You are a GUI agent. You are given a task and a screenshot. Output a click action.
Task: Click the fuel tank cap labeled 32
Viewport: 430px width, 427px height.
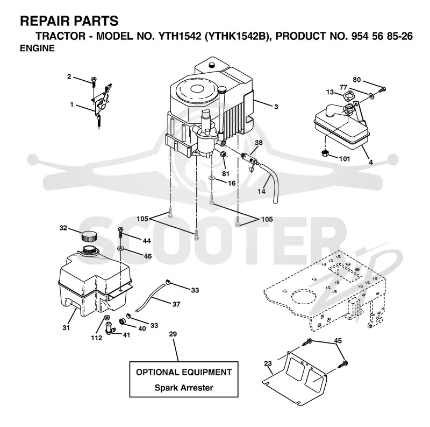pos(89,236)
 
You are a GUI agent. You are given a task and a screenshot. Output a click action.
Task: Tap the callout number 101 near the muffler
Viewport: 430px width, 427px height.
pos(345,159)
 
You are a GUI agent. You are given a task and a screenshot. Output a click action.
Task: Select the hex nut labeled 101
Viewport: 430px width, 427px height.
pos(325,153)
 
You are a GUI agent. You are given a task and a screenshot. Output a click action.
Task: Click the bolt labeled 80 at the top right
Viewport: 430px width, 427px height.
pos(382,89)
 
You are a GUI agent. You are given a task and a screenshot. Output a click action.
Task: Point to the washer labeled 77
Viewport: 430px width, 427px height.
pos(371,96)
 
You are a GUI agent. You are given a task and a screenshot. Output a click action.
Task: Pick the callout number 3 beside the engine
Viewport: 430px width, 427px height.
pos(276,107)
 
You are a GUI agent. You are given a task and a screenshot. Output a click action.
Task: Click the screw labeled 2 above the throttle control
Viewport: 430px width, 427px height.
pos(94,81)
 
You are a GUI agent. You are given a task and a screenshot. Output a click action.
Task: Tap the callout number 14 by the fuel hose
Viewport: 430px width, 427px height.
pos(261,191)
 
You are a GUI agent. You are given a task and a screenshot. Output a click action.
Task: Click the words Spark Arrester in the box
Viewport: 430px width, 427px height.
pos(184,388)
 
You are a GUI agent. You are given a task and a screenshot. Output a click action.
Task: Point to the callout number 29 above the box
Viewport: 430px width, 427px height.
pos(173,334)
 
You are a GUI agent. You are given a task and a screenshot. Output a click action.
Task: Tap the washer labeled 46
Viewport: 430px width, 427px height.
pos(120,249)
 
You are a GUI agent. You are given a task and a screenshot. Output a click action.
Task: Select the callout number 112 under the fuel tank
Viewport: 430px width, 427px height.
pos(97,338)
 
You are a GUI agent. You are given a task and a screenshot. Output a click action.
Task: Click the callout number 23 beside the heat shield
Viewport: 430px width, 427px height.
pos(268,363)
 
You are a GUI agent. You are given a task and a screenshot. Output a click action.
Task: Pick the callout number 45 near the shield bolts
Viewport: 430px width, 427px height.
pos(338,341)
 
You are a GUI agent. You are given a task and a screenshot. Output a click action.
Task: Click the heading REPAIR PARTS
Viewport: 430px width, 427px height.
pos(69,21)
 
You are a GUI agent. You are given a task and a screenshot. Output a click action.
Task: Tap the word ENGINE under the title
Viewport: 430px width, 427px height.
pos(37,48)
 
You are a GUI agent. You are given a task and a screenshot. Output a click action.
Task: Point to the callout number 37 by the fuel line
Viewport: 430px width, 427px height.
pos(176,304)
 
